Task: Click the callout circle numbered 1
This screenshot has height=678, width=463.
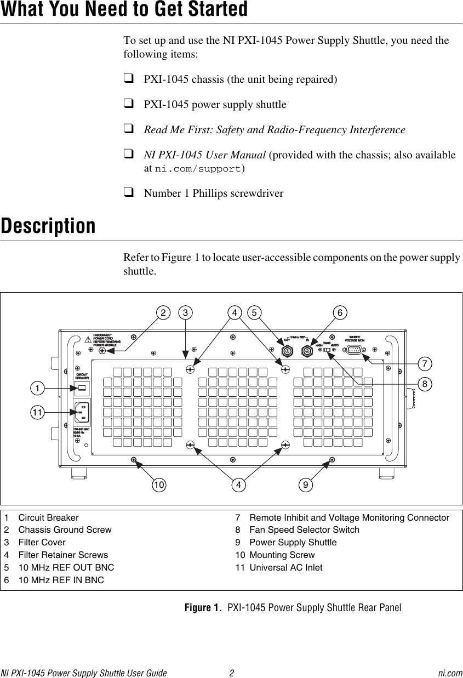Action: coord(37,389)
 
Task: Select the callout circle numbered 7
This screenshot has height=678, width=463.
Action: coord(422,363)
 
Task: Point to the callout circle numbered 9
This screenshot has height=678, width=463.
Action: coord(306,485)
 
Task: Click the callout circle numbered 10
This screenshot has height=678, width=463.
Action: coord(159,485)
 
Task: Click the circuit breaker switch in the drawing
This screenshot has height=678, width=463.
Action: coord(82,389)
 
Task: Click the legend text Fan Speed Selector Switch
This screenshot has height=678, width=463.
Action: coord(304,530)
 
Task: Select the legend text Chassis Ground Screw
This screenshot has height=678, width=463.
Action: coord(65,530)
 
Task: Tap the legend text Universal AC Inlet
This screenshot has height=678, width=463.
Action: coord(285,567)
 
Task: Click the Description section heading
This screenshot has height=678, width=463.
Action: coord(48,226)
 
